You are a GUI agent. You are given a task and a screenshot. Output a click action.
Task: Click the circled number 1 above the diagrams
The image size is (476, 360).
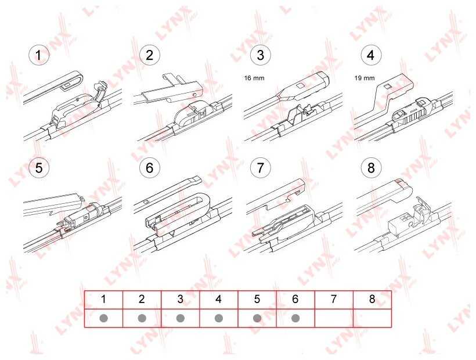pos(38,55)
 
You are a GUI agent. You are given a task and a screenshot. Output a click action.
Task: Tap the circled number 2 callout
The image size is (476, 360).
pos(149,55)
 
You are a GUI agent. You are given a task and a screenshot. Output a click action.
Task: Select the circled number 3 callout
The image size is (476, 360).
pos(260,55)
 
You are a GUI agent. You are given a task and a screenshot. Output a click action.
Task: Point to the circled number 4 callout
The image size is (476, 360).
pos(371,55)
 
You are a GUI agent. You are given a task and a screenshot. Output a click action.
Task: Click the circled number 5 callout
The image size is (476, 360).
pos(38,168)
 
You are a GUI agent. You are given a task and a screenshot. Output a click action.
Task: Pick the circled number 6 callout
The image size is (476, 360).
pos(149,168)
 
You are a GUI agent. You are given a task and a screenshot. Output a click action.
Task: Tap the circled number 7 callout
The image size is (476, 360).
pos(260,168)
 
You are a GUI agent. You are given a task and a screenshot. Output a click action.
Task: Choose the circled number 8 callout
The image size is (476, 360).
pos(371,168)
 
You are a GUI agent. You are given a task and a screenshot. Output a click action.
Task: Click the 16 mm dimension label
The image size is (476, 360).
pos(254,78)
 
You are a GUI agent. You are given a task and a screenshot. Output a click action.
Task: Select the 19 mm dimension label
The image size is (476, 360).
pos(365,78)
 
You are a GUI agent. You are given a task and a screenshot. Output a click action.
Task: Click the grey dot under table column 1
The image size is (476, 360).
pos(103,318)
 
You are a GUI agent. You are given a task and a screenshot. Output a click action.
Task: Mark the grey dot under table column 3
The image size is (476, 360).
pos(181,318)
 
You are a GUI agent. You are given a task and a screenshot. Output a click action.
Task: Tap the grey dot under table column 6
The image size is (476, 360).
pos(295,318)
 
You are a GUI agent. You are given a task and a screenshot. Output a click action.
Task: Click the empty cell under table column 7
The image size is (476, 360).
pos(334,318)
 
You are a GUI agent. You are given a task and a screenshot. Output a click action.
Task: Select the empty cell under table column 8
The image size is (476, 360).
pos(372,318)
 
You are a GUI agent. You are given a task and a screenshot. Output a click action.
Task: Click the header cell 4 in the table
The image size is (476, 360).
pos(219,300)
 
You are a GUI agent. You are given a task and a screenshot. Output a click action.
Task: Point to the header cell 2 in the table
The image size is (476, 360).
pos(142,300)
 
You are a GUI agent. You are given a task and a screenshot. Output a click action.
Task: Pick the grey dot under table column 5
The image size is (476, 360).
pos(257,318)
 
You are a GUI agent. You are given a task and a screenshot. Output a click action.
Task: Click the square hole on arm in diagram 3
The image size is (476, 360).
pos(300,85)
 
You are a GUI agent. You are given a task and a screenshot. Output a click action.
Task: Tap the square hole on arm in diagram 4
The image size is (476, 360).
pos(387,87)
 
